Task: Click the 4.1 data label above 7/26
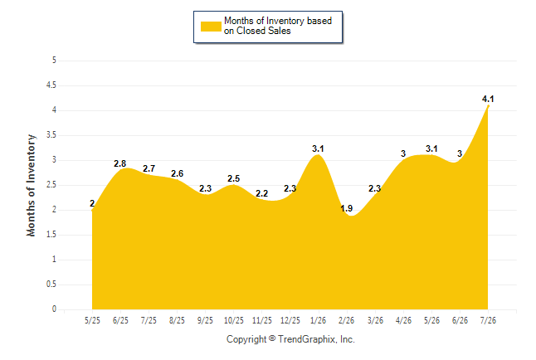click(x=488, y=100)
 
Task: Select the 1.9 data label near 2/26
click(x=346, y=208)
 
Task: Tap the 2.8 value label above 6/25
click(x=120, y=163)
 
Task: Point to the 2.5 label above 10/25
click(x=234, y=179)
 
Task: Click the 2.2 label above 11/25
click(x=262, y=194)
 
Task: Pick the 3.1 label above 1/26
click(x=318, y=148)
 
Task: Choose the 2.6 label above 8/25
click(x=177, y=173)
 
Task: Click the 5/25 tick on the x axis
click(x=92, y=320)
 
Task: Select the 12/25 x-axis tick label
click(x=290, y=320)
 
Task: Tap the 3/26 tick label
click(x=375, y=320)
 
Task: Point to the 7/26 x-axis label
click(x=488, y=320)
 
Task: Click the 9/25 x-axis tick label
click(x=205, y=320)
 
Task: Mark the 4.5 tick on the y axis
click(x=51, y=85)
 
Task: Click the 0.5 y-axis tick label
click(x=51, y=285)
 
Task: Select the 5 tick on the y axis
click(x=54, y=61)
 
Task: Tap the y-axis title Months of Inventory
click(x=31, y=185)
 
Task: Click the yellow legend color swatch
click(x=211, y=27)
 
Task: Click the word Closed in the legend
click(x=251, y=31)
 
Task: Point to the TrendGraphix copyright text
click(x=290, y=339)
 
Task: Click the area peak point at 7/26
click(x=488, y=106)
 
